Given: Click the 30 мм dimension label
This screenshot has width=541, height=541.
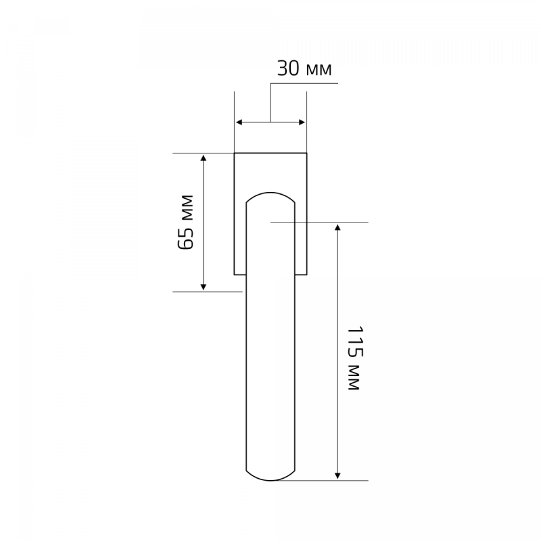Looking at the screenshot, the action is point(304,69).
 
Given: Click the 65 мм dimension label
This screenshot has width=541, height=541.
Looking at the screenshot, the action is point(185,222).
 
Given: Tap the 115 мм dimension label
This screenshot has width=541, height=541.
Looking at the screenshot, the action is point(354,358).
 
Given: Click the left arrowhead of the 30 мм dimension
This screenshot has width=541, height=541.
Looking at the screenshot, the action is point(239,122).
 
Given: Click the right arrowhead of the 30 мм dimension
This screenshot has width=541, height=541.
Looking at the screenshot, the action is point(302,122).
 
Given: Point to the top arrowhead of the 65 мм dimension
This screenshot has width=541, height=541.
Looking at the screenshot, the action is point(204,158).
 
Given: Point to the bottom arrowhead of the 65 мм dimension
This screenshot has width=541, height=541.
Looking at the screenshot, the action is point(204,287).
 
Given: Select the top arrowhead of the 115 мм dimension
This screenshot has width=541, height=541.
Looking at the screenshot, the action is point(337,227).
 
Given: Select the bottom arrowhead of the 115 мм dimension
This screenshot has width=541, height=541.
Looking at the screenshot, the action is point(337,475).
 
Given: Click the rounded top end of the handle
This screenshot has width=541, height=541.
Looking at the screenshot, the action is point(270,193).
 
